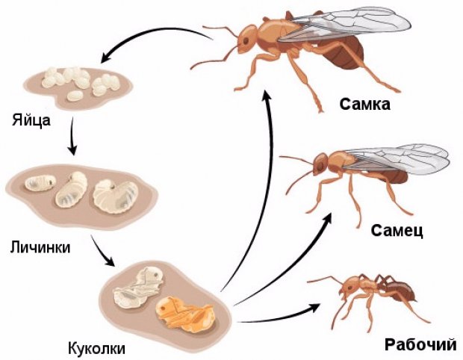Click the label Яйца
click(31, 120)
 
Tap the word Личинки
click(40, 246)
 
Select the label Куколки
click(96, 348)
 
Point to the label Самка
click(364, 105)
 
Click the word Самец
click(397, 231)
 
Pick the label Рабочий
click(420, 344)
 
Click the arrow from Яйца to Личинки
click(72, 136)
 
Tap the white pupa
click(139, 288)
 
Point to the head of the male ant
click(320, 164)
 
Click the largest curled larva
click(116, 195)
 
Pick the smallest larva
click(40, 182)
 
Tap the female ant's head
click(247, 39)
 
